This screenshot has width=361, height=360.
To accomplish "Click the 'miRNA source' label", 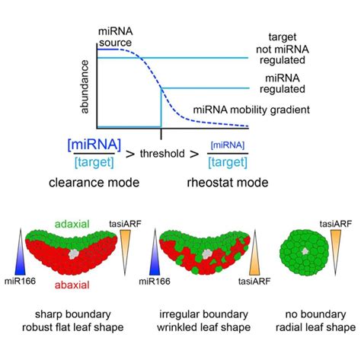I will (116, 33).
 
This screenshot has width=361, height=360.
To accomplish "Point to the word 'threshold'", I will (161, 153).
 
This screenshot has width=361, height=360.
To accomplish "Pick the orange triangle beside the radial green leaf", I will (334, 247).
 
